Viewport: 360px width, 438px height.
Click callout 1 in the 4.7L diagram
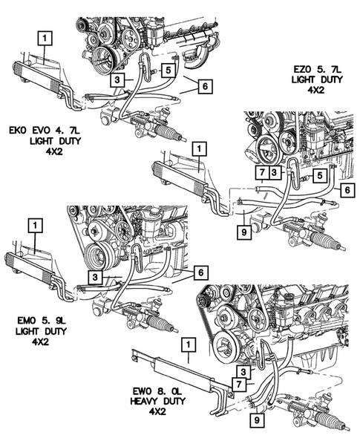pyautogui.click(x=45, y=36)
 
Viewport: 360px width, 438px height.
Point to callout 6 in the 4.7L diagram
pyautogui.click(x=203, y=85)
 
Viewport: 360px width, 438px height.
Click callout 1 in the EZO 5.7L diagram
pyautogui.click(x=198, y=148)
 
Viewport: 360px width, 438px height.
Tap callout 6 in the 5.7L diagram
pyautogui.click(x=346, y=191)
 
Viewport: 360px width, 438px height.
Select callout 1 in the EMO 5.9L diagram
pyautogui.click(x=35, y=223)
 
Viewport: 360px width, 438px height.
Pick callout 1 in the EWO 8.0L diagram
pyautogui.click(x=189, y=344)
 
